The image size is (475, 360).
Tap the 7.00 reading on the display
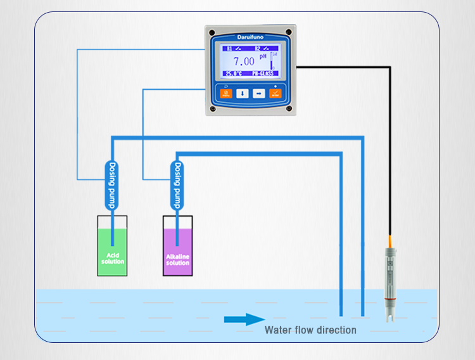244,61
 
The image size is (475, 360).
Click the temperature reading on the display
233,74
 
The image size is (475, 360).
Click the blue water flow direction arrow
244,319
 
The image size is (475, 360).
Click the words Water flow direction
310,330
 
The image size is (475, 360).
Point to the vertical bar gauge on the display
272,61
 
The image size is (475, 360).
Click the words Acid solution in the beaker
113,259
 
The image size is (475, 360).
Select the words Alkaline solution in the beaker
177,260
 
